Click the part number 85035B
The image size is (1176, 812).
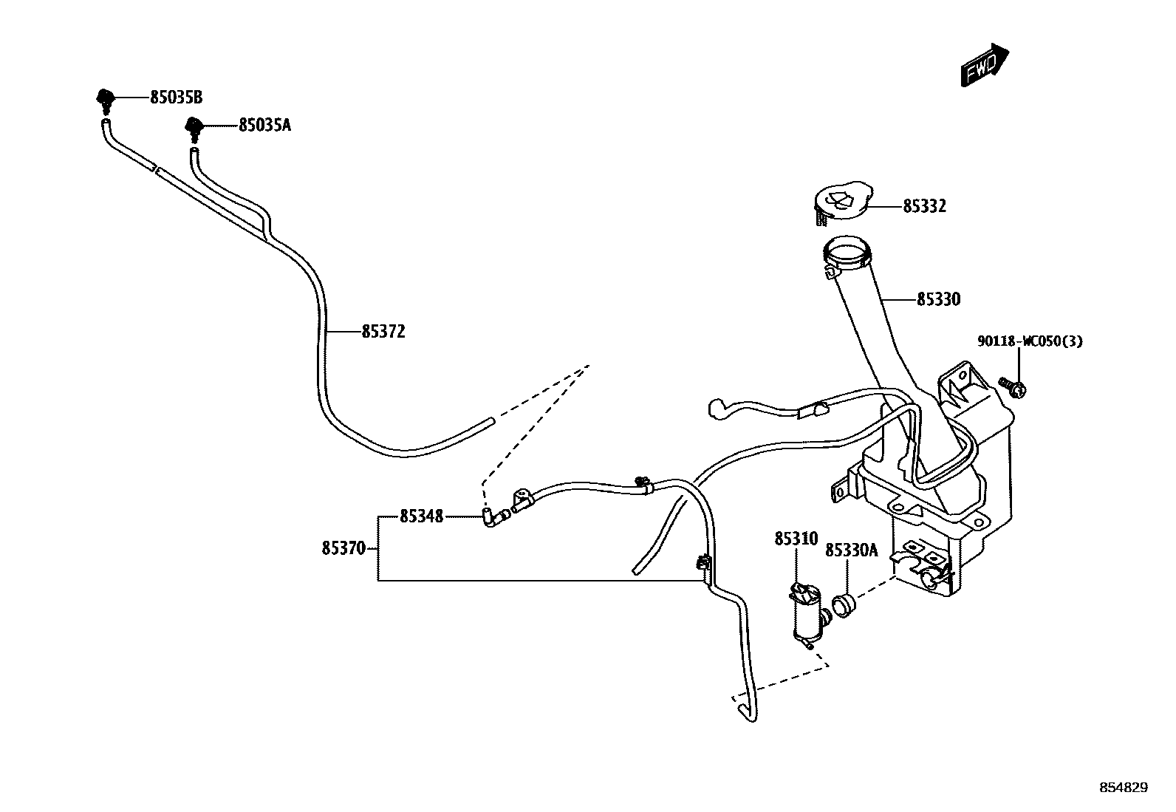pyautogui.click(x=176, y=97)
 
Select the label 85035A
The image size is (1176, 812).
pyautogui.click(x=264, y=126)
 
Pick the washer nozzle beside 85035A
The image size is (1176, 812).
pyautogui.click(x=194, y=127)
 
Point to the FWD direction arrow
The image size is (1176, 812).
pyautogui.click(x=985, y=64)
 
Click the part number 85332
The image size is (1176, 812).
pyautogui.click(x=924, y=206)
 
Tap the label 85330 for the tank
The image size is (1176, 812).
pyautogui.click(x=938, y=300)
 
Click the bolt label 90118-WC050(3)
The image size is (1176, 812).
pyautogui.click(x=1030, y=342)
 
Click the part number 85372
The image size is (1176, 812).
pyautogui.click(x=383, y=332)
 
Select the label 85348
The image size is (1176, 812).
pyautogui.click(x=422, y=516)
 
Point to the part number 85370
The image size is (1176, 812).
pyautogui.click(x=343, y=549)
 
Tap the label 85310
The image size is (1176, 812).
pyautogui.click(x=796, y=539)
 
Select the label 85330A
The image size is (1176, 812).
pyautogui.click(x=851, y=550)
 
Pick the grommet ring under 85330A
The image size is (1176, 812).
pyautogui.click(x=843, y=606)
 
